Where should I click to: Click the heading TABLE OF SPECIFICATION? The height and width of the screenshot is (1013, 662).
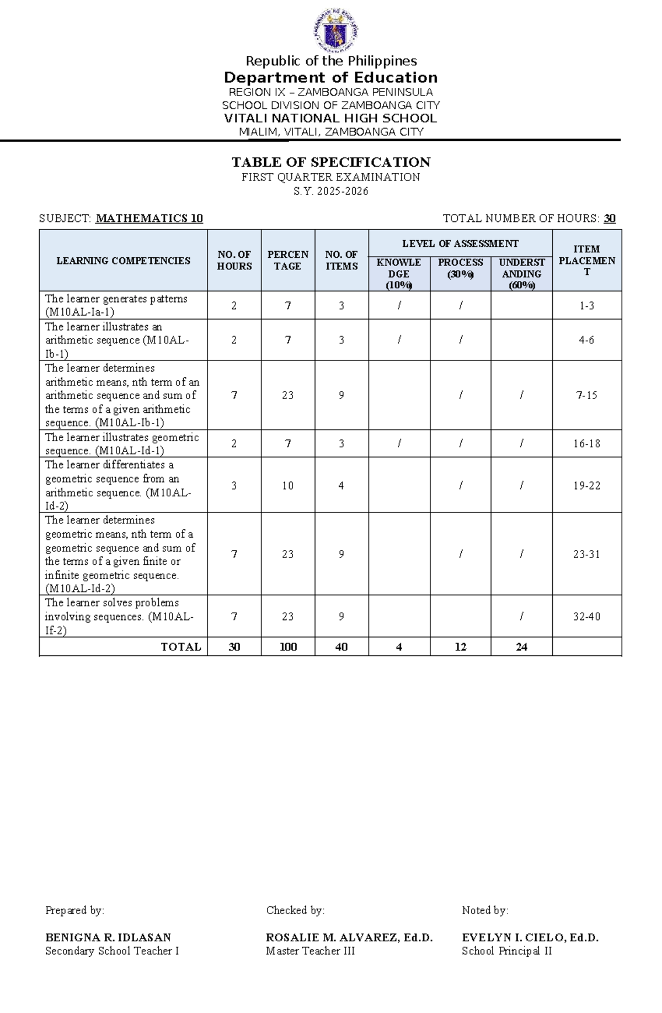[331, 162]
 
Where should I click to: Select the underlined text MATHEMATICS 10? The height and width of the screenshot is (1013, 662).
[150, 219]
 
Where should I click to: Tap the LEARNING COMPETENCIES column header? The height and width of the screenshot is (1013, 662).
[124, 261]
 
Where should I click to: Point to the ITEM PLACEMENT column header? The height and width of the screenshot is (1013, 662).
[586, 261]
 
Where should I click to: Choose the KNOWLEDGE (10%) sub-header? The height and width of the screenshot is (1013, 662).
[399, 273]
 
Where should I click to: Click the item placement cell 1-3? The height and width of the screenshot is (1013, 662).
[586, 306]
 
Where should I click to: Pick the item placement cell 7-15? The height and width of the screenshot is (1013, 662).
[586, 395]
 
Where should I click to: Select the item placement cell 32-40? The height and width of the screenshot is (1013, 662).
[586, 617]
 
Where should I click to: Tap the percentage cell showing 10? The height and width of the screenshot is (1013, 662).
[288, 486]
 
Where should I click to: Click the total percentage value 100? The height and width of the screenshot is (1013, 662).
[288, 647]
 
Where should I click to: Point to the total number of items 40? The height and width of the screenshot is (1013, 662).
[341, 647]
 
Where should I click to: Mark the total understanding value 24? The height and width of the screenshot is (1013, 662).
[521, 647]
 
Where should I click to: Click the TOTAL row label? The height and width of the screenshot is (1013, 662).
[181, 647]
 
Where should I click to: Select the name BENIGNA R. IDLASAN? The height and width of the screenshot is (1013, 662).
[108, 937]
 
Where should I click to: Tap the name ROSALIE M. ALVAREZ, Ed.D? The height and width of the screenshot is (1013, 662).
[349, 937]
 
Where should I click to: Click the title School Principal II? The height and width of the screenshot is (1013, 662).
[506, 951]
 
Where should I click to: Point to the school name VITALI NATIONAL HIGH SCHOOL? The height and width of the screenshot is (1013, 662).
[330, 119]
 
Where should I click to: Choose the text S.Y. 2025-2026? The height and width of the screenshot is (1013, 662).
[331, 192]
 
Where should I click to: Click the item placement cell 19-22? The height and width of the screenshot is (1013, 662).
[586, 486]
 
